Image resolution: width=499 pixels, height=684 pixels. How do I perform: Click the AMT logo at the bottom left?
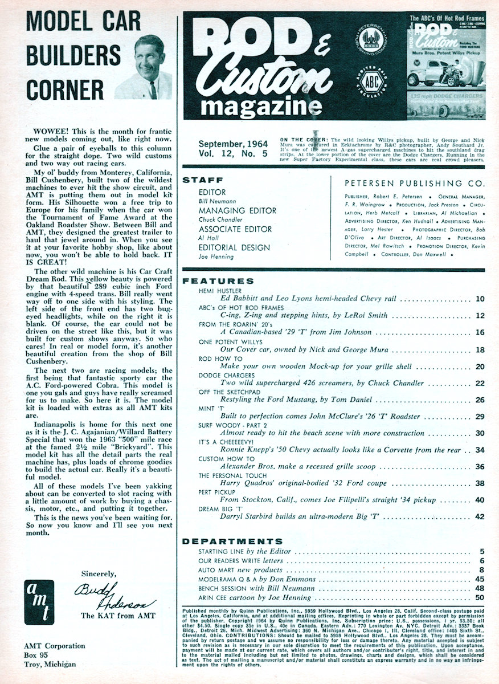(x=40, y=602)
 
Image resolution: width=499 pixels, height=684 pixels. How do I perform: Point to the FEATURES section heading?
(x=218, y=281)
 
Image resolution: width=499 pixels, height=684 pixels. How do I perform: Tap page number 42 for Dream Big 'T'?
(x=479, y=516)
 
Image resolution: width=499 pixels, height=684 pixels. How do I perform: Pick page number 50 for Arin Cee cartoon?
(x=479, y=598)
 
